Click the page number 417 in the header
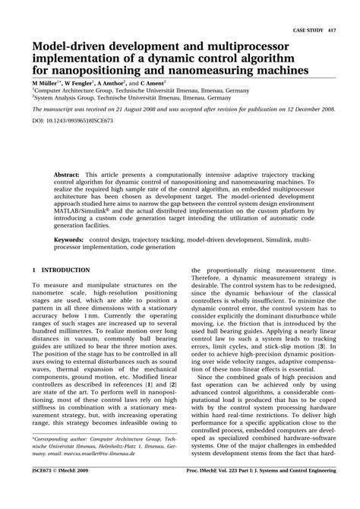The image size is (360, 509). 332,30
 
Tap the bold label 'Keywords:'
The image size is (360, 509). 69,239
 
